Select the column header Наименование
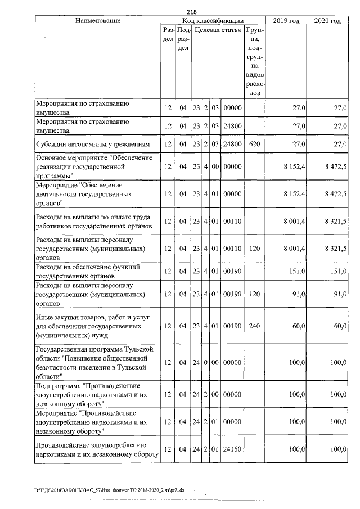[x=97, y=21]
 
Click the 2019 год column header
[x=286, y=21]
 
